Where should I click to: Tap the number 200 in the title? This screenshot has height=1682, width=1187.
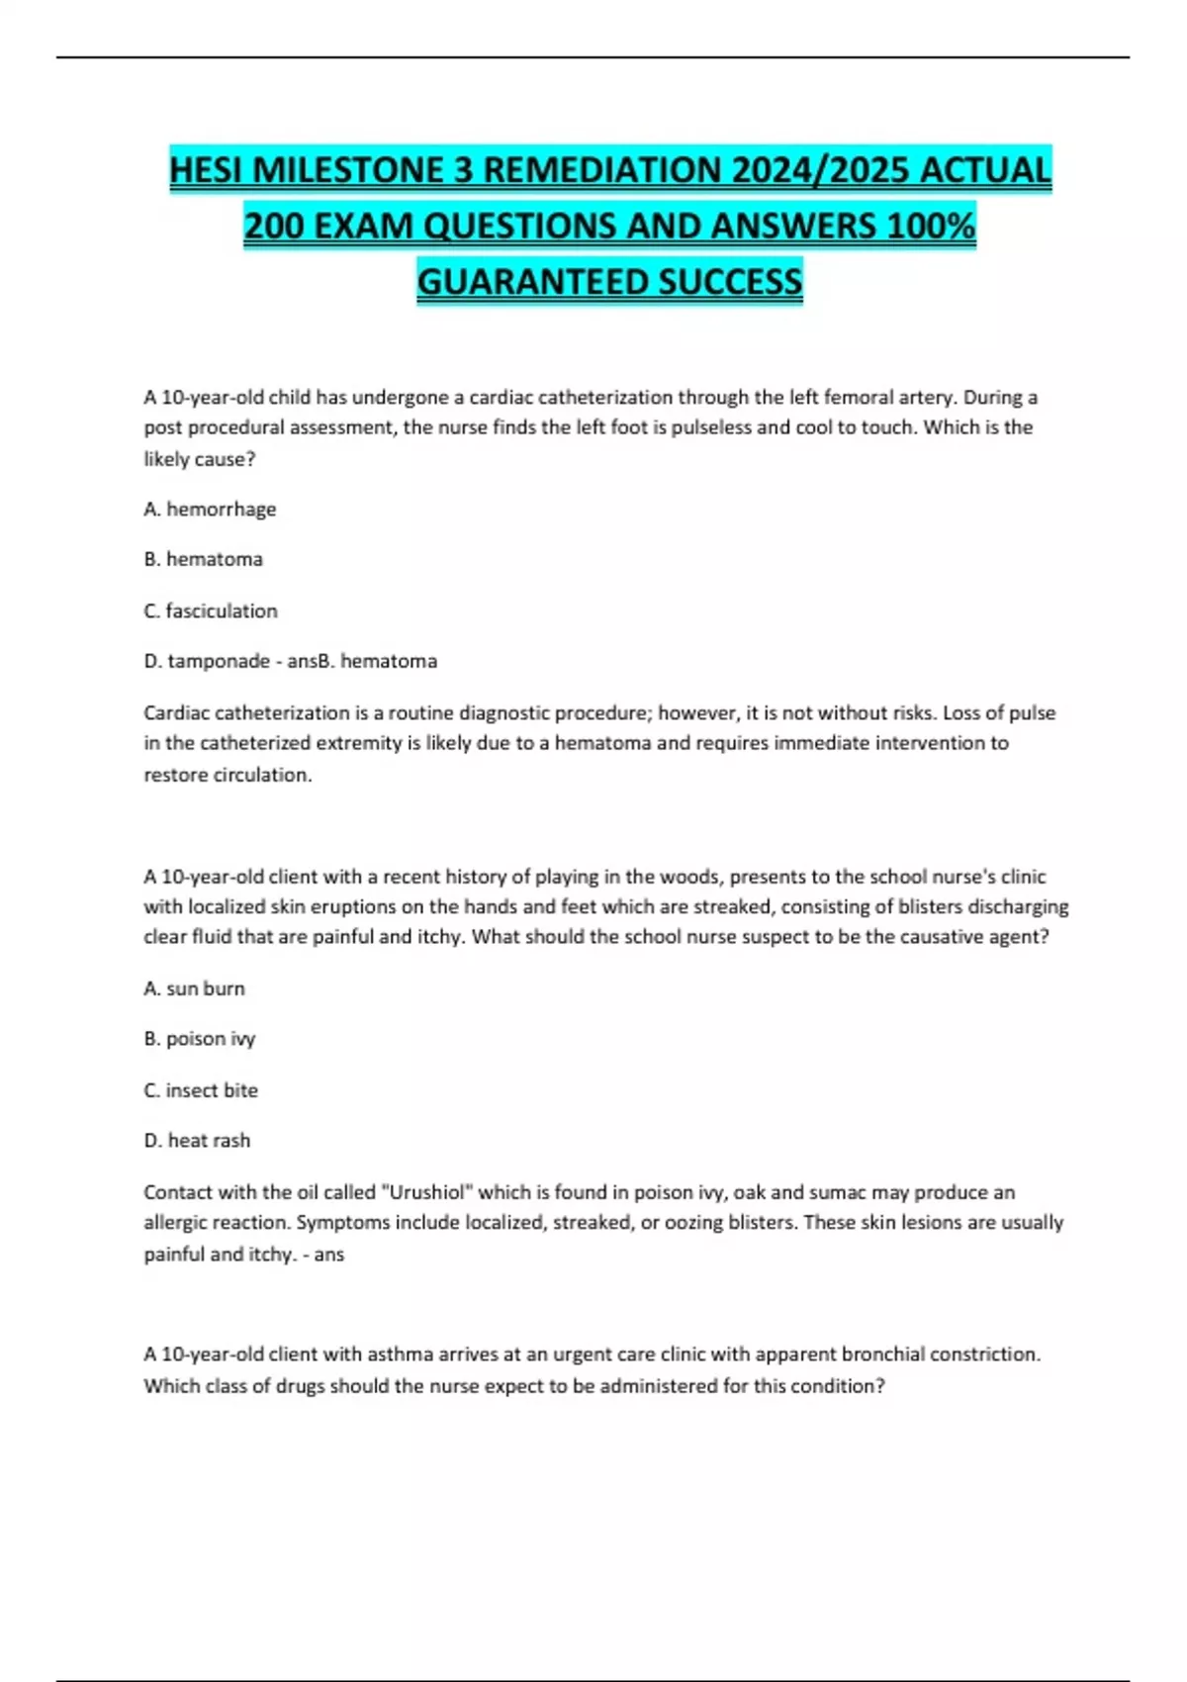pyautogui.click(x=274, y=227)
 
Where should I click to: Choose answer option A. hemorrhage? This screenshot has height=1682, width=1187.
pyautogui.click(x=210, y=509)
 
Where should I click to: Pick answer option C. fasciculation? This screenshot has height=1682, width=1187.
pyautogui.click(x=211, y=610)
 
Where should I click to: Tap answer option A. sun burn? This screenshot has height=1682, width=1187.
pyautogui.click(x=194, y=988)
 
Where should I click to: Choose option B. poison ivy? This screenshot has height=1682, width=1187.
pyautogui.click(x=200, y=1039)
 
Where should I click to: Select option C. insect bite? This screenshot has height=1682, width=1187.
pyautogui.click(x=201, y=1090)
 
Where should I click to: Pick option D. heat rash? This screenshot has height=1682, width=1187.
pyautogui.click(x=197, y=1141)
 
